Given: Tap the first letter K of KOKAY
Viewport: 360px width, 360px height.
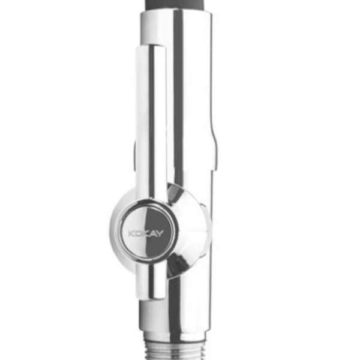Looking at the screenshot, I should [131, 232].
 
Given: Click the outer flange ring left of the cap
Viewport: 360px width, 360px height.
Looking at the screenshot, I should [115, 228].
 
